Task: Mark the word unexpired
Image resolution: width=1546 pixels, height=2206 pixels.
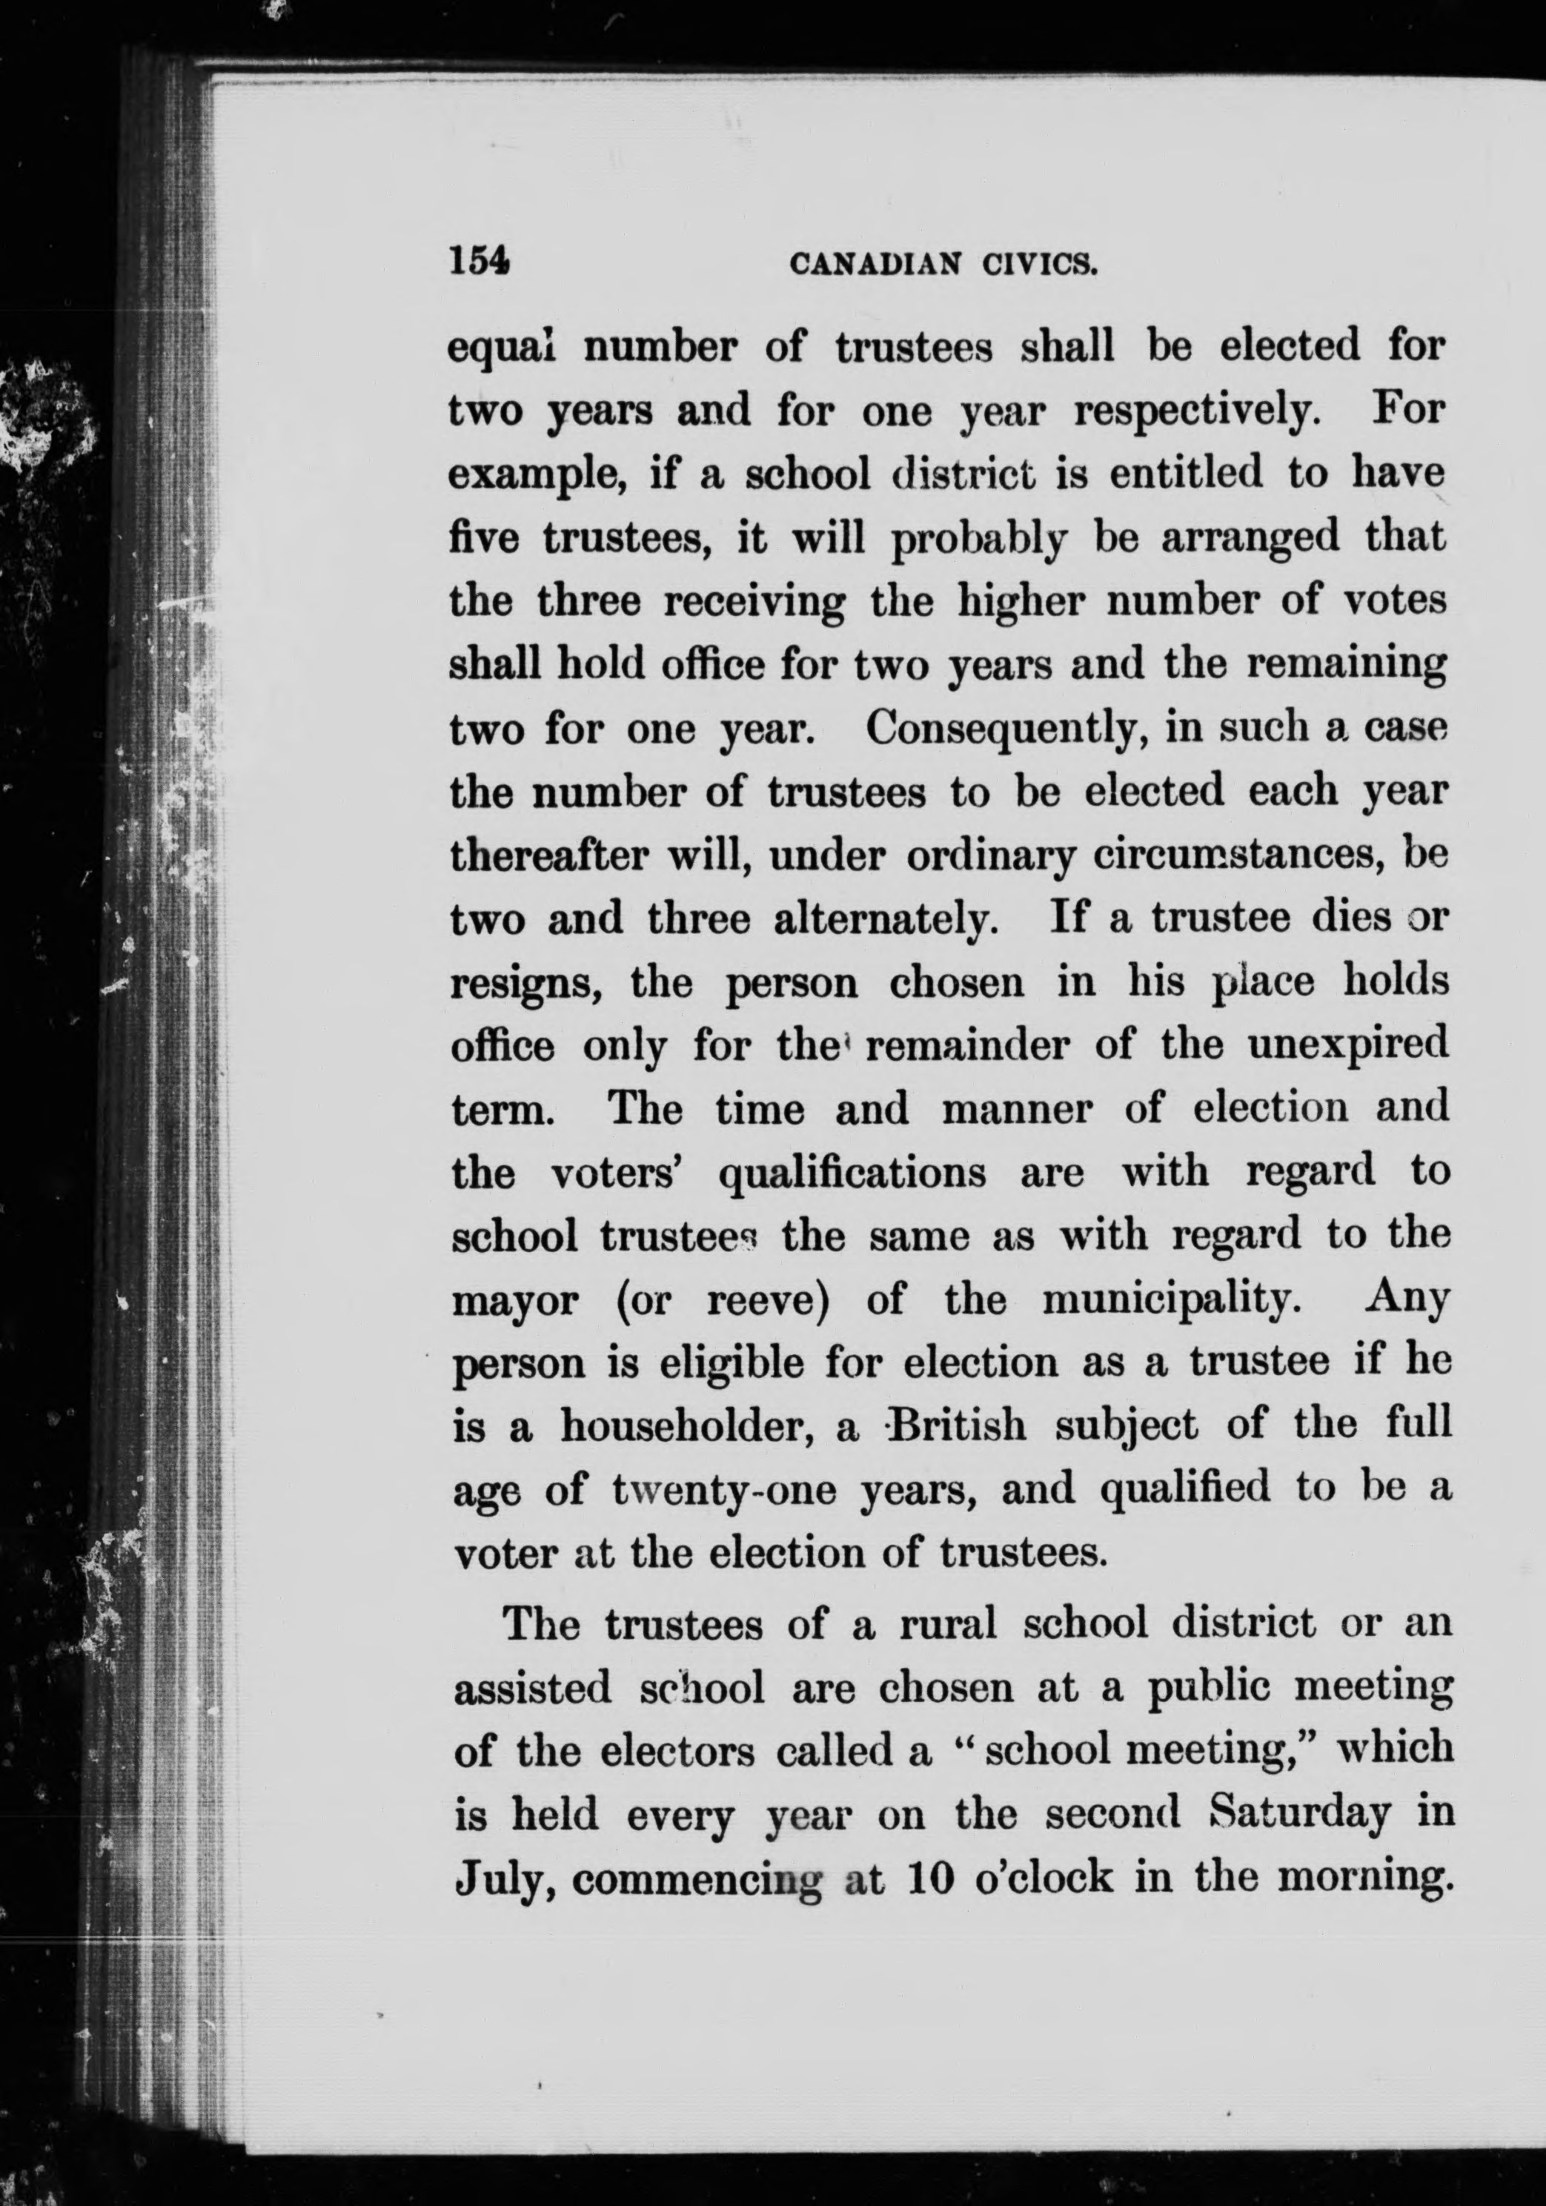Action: (1348, 1044)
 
